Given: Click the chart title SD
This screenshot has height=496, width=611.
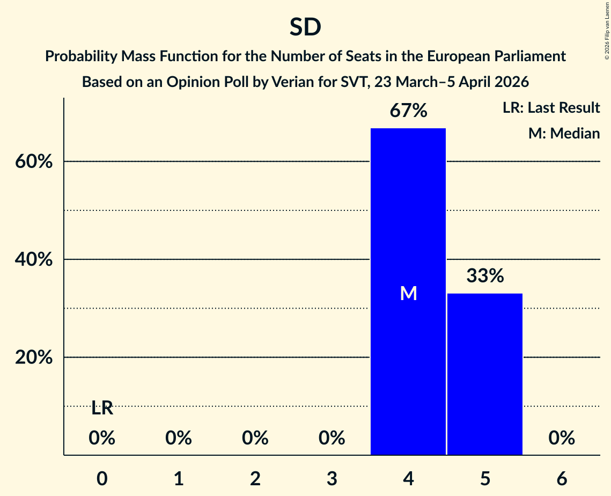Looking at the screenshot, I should pyautogui.click(x=305, y=27).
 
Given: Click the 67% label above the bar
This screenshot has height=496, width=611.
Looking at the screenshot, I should pyautogui.click(x=408, y=111).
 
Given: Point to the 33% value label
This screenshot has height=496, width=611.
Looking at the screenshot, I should pyautogui.click(x=485, y=276).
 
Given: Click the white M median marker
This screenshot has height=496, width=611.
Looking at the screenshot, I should pyautogui.click(x=408, y=293).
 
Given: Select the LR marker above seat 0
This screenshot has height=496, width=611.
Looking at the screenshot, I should pyautogui.click(x=102, y=408).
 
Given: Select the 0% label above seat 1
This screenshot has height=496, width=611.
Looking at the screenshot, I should pyautogui.click(x=179, y=439).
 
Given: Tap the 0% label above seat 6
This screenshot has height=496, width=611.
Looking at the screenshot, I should pyautogui.click(x=562, y=439).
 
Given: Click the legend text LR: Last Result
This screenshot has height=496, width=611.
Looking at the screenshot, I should pyautogui.click(x=551, y=108).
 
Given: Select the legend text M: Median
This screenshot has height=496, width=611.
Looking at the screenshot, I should pyautogui.click(x=564, y=133).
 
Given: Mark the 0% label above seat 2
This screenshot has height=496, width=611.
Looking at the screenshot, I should pyautogui.click(x=255, y=439).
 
